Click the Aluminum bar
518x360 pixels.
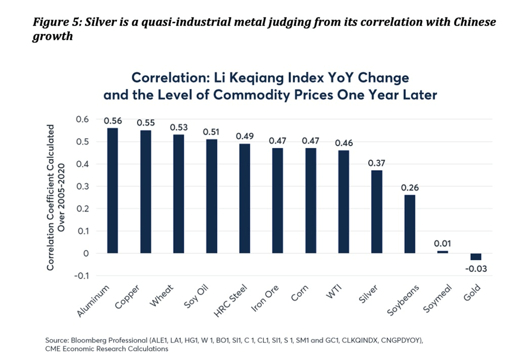click(x=112, y=190)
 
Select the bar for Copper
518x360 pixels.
click(x=145, y=191)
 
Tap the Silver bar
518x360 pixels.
click(x=377, y=212)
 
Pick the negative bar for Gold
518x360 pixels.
click(x=475, y=256)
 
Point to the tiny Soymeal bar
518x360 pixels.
click(x=443, y=252)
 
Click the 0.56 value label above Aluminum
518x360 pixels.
click(x=113, y=121)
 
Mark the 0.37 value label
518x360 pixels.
click(x=377, y=163)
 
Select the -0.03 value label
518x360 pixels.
click(x=477, y=269)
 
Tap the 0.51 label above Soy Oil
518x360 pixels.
click(x=211, y=131)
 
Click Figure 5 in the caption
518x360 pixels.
click(x=57, y=23)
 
